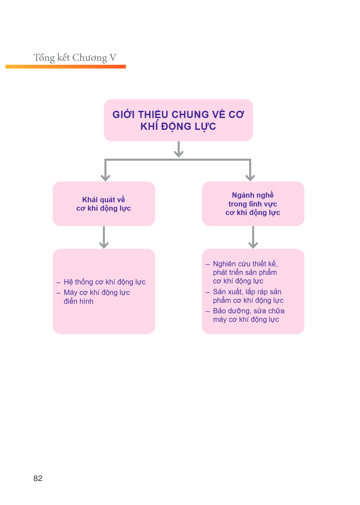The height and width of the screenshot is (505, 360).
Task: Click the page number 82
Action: pos(38,478)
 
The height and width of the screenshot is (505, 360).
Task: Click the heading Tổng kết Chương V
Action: pos(75,58)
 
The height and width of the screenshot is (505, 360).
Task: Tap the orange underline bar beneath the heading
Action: pos(66,66)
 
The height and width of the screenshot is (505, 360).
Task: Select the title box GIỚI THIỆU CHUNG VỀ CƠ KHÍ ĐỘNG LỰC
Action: pos(178,120)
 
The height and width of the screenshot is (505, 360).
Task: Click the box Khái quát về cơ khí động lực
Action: pos(104,204)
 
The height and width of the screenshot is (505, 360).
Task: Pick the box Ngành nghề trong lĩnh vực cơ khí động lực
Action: pos(253,204)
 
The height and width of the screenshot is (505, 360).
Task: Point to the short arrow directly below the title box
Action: pos(179,149)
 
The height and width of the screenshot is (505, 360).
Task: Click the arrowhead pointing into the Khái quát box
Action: pos(105,178)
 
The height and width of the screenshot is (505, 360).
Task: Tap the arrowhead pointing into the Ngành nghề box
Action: pos(250,178)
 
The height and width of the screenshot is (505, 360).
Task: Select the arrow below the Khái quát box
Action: pos(104,237)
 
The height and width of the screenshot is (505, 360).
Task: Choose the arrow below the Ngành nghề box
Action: pos(253,237)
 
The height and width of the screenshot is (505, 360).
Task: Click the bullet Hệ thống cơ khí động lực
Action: pos(101,282)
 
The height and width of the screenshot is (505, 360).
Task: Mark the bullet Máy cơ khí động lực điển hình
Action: pos(93,297)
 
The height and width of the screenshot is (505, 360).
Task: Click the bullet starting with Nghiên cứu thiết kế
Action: pos(242,272)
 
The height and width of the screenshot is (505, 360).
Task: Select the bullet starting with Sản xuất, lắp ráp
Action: pos(244,296)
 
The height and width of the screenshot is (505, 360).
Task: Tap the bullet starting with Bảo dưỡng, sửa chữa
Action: pos(245,315)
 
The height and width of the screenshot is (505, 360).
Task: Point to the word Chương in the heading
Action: pos(90,58)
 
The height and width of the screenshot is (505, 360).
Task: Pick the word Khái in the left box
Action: pos(90,200)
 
